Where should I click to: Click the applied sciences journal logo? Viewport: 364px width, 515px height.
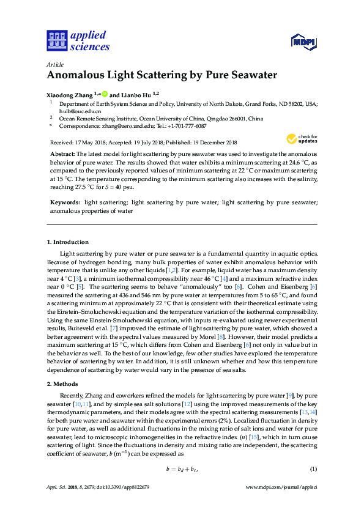78,40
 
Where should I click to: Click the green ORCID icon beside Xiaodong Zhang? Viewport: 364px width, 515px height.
105,94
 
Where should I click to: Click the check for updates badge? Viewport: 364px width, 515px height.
302,139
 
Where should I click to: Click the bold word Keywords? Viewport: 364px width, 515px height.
65,201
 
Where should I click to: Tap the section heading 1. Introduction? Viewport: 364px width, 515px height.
68,243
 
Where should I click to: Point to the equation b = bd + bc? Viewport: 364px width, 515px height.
182,469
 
